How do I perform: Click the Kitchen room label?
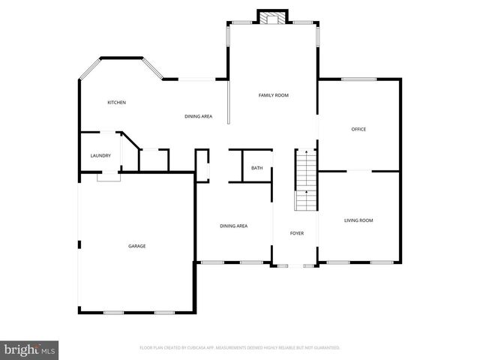[x=116, y=103]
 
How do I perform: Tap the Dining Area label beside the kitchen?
[x=199, y=116]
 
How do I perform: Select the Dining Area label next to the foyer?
[x=233, y=226]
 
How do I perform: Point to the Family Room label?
[x=274, y=95]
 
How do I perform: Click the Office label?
[x=358, y=130]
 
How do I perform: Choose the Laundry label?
[x=100, y=156]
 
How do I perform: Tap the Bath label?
[x=257, y=168]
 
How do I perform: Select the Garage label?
[x=136, y=246]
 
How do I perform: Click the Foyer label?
[x=297, y=233]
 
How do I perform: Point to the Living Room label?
[x=358, y=220]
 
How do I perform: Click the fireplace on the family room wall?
[x=272, y=17]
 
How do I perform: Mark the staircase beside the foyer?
[x=305, y=180]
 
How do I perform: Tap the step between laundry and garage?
[x=109, y=177]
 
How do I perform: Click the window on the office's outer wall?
[x=358, y=79]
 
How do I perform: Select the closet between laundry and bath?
[x=154, y=160]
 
